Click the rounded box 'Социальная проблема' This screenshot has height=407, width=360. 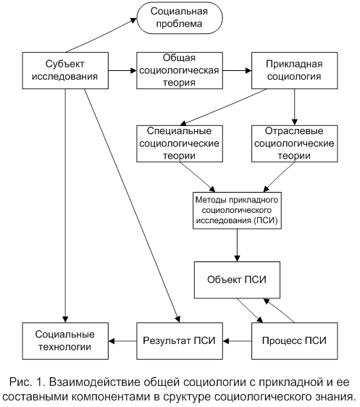(180, 18)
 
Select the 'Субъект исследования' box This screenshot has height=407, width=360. (65, 70)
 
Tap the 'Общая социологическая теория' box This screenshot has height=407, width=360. (180, 70)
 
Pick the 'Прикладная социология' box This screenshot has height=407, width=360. (295, 70)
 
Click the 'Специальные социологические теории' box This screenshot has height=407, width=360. (180, 144)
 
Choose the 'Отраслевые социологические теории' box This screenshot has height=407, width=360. (295, 144)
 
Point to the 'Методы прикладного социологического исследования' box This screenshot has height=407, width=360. (237, 211)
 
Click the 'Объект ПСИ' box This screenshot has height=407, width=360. (237, 280)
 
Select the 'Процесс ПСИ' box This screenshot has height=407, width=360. (295, 341)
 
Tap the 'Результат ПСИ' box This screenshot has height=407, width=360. (180, 341)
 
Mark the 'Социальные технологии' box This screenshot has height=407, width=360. (65, 341)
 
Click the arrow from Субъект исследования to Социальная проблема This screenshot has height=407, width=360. (101, 35)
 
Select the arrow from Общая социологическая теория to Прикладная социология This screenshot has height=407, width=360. (237, 70)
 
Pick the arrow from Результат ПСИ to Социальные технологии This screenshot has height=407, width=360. (122, 341)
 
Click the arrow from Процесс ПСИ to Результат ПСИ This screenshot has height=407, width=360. (237, 341)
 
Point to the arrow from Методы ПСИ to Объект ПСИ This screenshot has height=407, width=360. (237, 246)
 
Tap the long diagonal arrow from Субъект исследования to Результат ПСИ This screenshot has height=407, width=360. (132, 206)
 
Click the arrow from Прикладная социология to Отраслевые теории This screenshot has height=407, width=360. (294, 107)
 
